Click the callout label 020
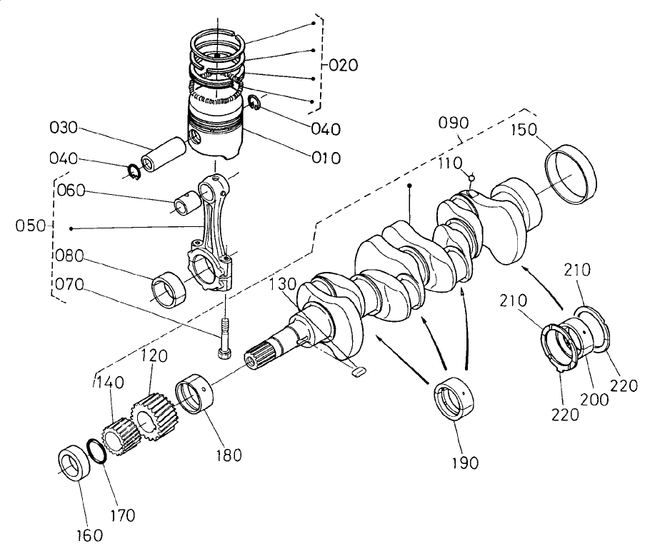(344, 66)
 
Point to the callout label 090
(453, 122)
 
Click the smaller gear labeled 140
(117, 433)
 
